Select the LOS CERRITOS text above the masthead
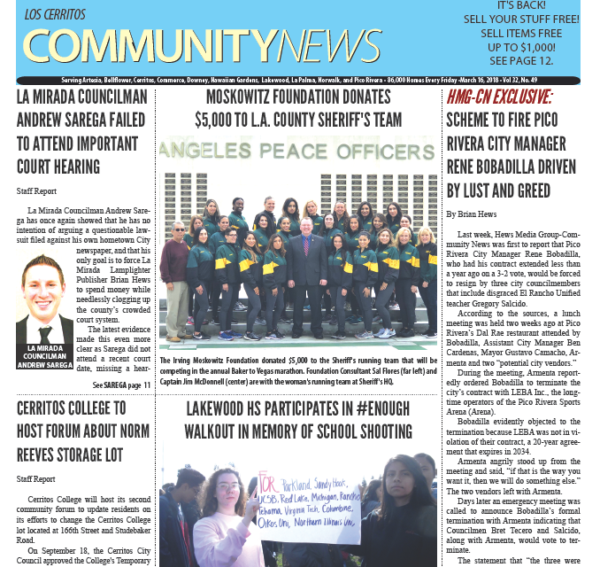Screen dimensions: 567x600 (x=57, y=16)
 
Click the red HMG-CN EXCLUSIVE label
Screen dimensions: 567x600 (x=499, y=97)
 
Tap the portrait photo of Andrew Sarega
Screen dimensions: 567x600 (x=45, y=299)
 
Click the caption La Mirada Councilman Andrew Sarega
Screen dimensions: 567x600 (x=45, y=355)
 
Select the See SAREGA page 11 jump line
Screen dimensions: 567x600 (x=122, y=385)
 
